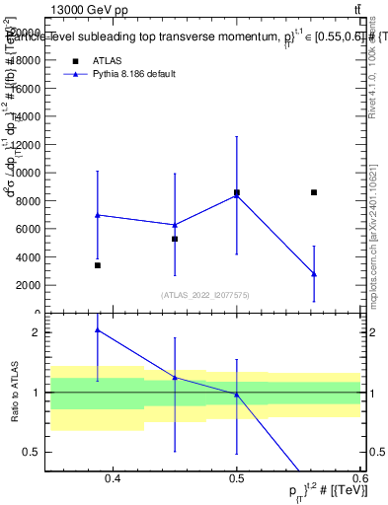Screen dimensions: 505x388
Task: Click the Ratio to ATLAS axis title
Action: coord(15,393)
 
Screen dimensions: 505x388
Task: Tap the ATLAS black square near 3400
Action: coord(98,265)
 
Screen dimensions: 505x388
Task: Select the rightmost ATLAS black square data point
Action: coord(314,192)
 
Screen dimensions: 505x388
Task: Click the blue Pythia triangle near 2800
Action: coord(314,273)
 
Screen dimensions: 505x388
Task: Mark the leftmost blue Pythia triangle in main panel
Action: coord(98,215)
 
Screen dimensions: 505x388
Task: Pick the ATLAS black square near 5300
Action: coord(175,239)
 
